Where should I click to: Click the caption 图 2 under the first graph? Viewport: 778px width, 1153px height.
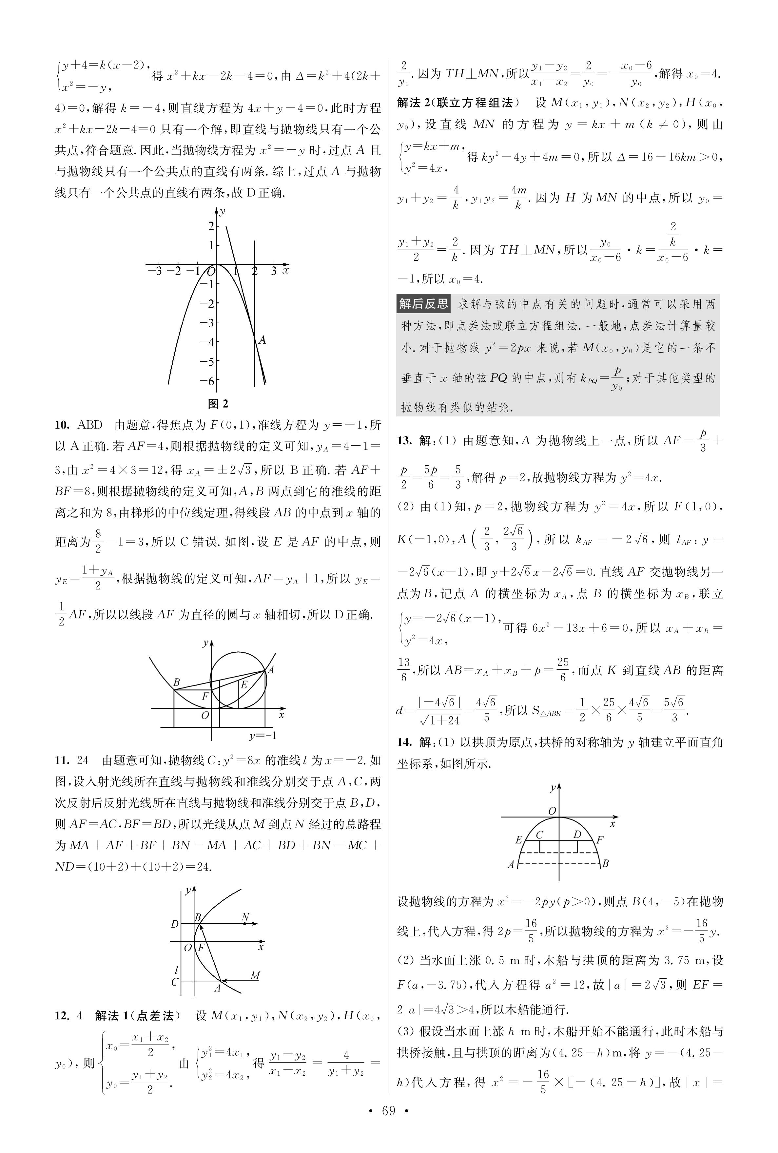click(x=218, y=403)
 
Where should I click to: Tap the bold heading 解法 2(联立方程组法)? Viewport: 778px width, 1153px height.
click(x=457, y=103)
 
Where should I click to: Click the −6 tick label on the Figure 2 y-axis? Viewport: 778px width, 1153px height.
click(x=207, y=381)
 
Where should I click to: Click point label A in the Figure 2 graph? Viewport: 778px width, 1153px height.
click(x=263, y=340)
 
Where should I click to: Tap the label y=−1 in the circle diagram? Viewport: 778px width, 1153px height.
click(x=263, y=736)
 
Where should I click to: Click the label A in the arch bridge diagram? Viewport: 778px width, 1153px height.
click(x=511, y=864)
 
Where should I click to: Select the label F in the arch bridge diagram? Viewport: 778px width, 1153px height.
click(x=600, y=839)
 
